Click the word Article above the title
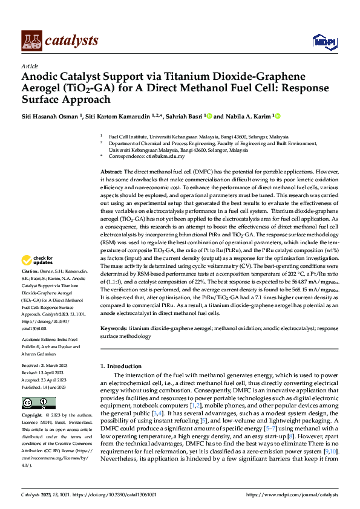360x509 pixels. [30, 65]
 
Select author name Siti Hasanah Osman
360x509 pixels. [44, 116]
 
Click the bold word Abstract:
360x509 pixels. [111, 172]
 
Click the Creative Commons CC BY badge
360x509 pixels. [38, 403]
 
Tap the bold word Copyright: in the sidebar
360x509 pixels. [32, 416]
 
